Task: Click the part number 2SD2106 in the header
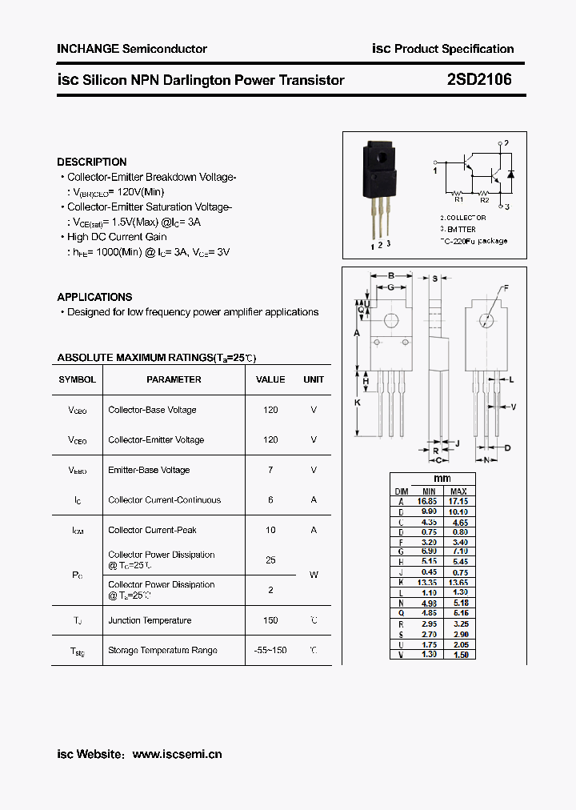click(479, 80)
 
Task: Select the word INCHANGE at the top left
click(87, 49)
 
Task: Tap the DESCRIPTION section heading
click(92, 162)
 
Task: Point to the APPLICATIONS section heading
click(94, 297)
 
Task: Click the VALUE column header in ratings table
click(270, 379)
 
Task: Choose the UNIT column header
click(314, 379)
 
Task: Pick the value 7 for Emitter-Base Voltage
click(270, 470)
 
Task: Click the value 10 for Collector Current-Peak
click(270, 530)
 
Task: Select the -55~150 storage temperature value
click(270, 650)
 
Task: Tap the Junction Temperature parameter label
click(150, 620)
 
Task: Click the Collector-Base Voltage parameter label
click(152, 410)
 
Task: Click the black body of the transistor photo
click(378, 172)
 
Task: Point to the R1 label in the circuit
click(458, 201)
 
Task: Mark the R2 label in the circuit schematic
click(484, 201)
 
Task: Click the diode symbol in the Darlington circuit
click(511, 174)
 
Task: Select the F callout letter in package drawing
click(506, 288)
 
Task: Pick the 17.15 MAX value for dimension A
click(458, 501)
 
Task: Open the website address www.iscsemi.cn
click(177, 754)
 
